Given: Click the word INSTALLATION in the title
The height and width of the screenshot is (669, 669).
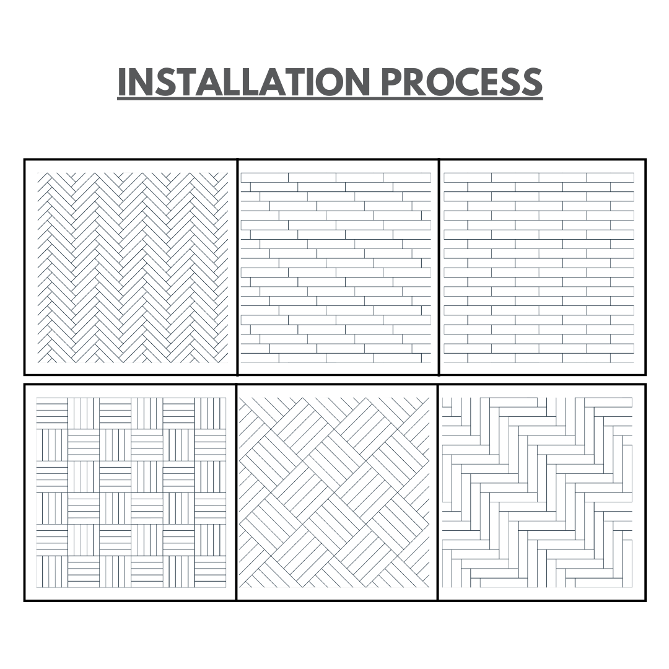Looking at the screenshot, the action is tap(243, 82).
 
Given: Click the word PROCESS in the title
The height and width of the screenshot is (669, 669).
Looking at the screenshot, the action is tap(461, 82).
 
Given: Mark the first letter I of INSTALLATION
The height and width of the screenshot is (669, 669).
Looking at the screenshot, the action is tap(122, 82).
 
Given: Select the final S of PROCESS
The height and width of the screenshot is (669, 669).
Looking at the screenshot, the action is tap(533, 82).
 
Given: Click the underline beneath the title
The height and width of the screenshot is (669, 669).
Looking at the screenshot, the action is tap(330, 99).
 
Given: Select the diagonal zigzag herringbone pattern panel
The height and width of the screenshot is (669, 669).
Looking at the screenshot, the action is tap(131, 268).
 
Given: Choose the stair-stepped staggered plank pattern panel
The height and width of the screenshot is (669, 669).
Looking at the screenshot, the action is tap(338, 268).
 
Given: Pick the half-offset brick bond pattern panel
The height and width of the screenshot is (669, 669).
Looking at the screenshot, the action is tap(542, 268).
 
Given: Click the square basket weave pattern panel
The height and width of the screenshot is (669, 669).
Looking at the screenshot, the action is tap(130, 492).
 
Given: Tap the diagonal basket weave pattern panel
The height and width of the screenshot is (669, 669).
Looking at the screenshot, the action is tap(337, 492).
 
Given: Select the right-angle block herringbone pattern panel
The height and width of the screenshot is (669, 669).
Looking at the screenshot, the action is tap(542, 492).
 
